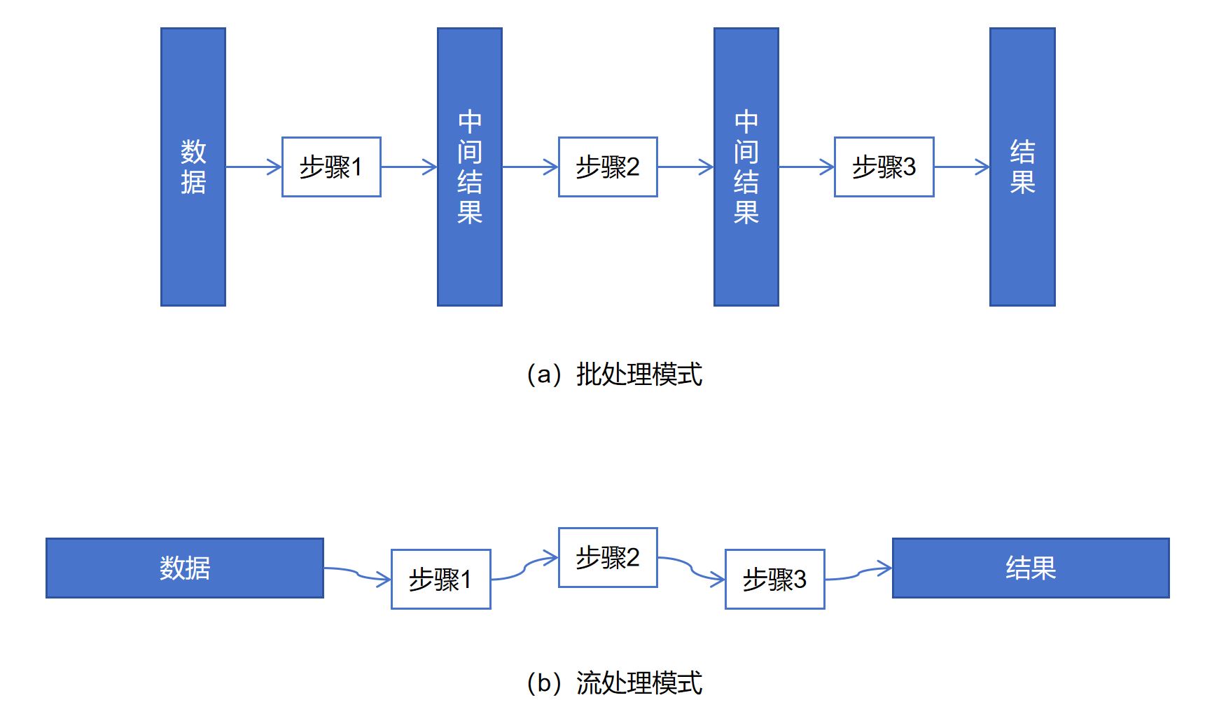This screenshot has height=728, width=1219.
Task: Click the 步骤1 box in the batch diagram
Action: coord(331,167)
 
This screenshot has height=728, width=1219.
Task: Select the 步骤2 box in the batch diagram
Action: coord(607,167)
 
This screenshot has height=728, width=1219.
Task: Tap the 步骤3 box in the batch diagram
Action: coord(884,167)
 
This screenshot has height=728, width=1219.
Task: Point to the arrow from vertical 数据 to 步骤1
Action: coord(253,167)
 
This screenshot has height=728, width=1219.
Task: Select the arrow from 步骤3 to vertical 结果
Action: coord(961,167)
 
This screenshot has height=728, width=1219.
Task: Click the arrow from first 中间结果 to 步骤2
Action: coord(530,167)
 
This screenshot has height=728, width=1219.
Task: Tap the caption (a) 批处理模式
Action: coord(614,374)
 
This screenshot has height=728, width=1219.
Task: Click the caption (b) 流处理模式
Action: coord(614,682)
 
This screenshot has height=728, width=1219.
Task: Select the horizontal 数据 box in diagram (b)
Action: coord(185,568)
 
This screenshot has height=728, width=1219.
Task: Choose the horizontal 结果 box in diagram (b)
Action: coord(1030,568)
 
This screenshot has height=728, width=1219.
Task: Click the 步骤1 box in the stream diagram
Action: coord(440,579)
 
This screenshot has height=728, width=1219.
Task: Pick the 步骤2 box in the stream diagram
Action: coord(607,557)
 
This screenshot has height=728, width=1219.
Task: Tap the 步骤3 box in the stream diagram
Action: coord(774,579)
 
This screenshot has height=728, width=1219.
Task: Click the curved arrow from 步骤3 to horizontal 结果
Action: coord(858,574)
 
